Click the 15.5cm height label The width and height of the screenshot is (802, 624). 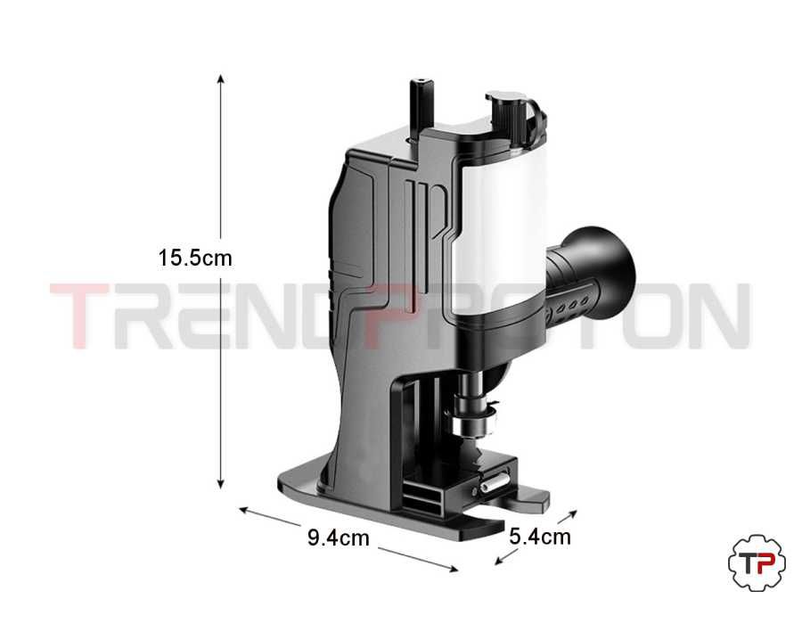(195, 258)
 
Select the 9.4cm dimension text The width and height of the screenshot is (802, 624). (338, 538)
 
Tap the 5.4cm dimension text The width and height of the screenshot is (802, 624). (540, 537)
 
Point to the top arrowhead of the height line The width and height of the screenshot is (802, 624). (220, 78)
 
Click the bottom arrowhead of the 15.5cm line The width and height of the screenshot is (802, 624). (220, 484)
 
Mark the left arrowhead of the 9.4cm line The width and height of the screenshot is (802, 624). (243, 509)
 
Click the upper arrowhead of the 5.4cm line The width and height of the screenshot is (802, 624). (573, 513)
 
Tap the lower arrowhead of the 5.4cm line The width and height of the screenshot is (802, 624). (499, 561)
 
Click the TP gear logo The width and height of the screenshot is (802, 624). (757, 563)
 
